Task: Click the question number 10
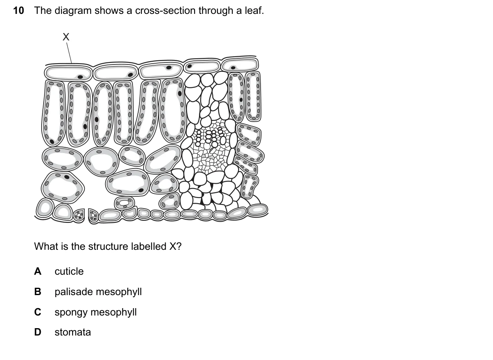[x=18, y=11]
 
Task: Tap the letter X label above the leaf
[x=66, y=37]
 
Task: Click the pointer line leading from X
[x=69, y=53]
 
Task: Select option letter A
[x=38, y=271]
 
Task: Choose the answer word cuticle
[x=69, y=271]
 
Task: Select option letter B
[x=38, y=292]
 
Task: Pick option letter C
[x=38, y=312]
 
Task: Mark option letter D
[x=38, y=332]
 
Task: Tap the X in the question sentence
[x=173, y=246]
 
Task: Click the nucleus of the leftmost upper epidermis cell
[x=80, y=77]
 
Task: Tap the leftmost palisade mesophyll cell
[x=53, y=113]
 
